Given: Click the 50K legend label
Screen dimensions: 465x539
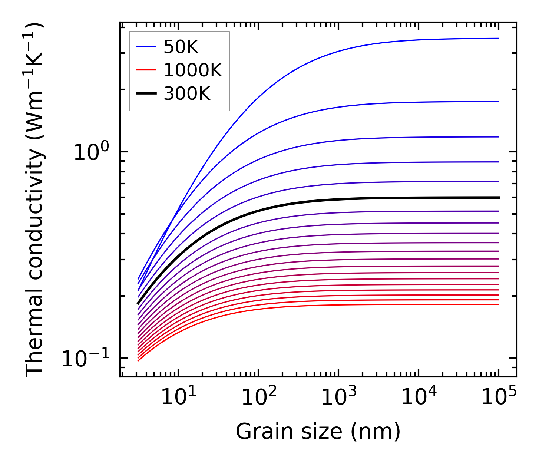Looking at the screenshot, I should [x=181, y=47].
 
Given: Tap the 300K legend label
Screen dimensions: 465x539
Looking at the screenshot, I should [x=187, y=94].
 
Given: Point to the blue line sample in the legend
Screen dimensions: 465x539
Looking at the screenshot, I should [x=146, y=47].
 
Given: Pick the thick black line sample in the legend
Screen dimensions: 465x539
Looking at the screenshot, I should [x=146, y=94].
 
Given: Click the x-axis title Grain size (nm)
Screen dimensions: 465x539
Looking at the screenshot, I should [x=318, y=432].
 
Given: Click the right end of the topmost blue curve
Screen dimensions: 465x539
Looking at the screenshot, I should [x=498, y=38].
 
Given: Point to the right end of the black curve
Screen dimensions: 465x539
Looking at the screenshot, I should [x=498, y=198].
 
